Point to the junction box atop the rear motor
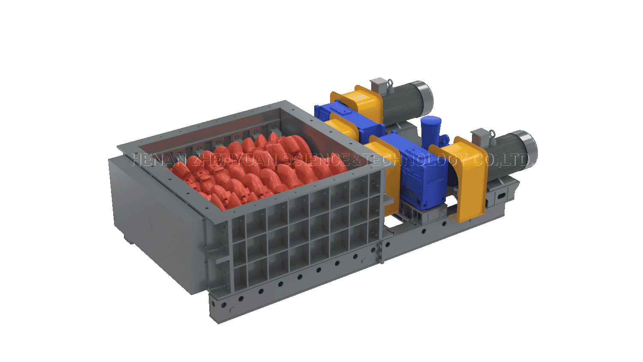coord(379,84)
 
